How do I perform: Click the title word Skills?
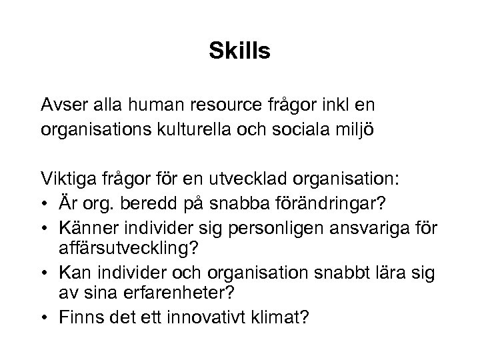(x=239, y=51)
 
